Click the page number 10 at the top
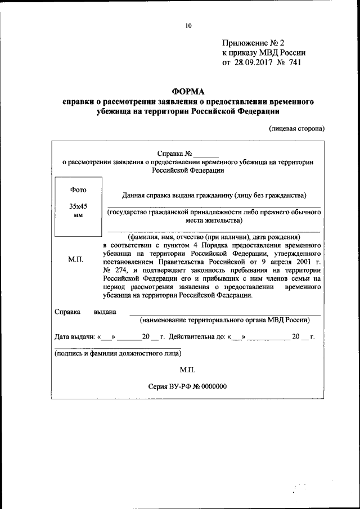click(x=188, y=25)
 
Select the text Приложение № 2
click(x=254, y=43)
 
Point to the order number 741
click(x=294, y=62)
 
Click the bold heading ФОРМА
click(x=188, y=92)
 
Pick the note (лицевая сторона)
click(x=296, y=128)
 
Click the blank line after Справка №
click(x=206, y=153)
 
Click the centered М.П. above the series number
click(x=187, y=371)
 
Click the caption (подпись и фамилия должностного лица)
click(x=118, y=354)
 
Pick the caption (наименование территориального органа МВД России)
click(x=225, y=319)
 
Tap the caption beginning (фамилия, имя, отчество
click(x=214, y=237)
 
